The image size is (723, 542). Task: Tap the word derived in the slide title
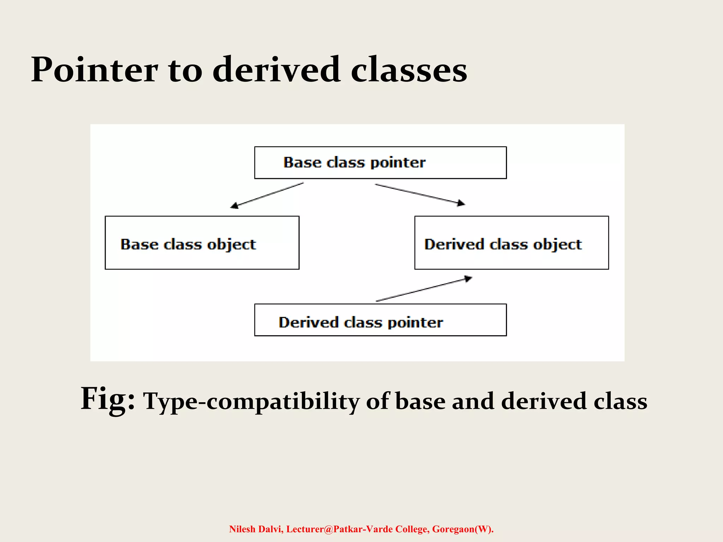tap(276, 70)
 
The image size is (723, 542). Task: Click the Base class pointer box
tap(380, 163)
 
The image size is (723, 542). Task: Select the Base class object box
tap(202, 243)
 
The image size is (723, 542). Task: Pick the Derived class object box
tap(511, 243)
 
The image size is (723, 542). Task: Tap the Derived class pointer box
tap(380, 320)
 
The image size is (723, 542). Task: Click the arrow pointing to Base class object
tap(267, 195)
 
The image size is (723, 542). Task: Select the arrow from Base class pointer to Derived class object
tap(420, 194)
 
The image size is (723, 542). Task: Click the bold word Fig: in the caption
tap(108, 399)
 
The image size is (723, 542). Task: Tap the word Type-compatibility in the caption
tap(251, 402)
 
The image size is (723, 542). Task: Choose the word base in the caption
tap(420, 402)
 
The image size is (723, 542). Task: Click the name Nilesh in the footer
tap(242, 529)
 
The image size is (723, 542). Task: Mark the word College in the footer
tap(412, 529)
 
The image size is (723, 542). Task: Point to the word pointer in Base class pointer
tap(398, 163)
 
